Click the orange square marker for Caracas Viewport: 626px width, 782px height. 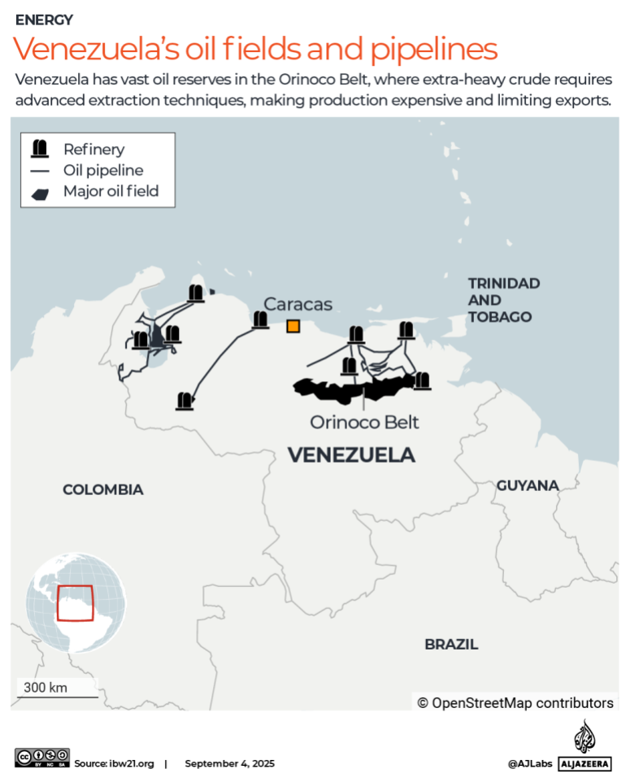(x=293, y=326)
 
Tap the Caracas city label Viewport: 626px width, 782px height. (x=298, y=304)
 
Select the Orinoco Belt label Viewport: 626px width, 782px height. (x=364, y=423)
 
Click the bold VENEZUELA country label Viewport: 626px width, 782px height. (x=351, y=455)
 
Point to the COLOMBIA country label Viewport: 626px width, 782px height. (x=103, y=489)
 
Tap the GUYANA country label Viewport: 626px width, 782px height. (x=528, y=485)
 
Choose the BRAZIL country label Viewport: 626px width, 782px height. (x=451, y=645)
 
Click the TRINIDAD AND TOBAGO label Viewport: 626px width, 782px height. (x=503, y=300)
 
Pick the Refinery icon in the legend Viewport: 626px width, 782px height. (x=39, y=149)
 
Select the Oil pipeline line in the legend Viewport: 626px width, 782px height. (x=39, y=171)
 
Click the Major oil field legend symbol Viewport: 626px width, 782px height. (x=39, y=193)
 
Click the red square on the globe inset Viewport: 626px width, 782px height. (x=75, y=603)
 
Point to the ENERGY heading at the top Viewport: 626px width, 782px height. (x=44, y=20)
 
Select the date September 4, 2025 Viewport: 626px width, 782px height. (x=229, y=763)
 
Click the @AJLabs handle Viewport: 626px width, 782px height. (x=530, y=763)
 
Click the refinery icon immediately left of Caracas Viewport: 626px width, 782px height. (x=260, y=320)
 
